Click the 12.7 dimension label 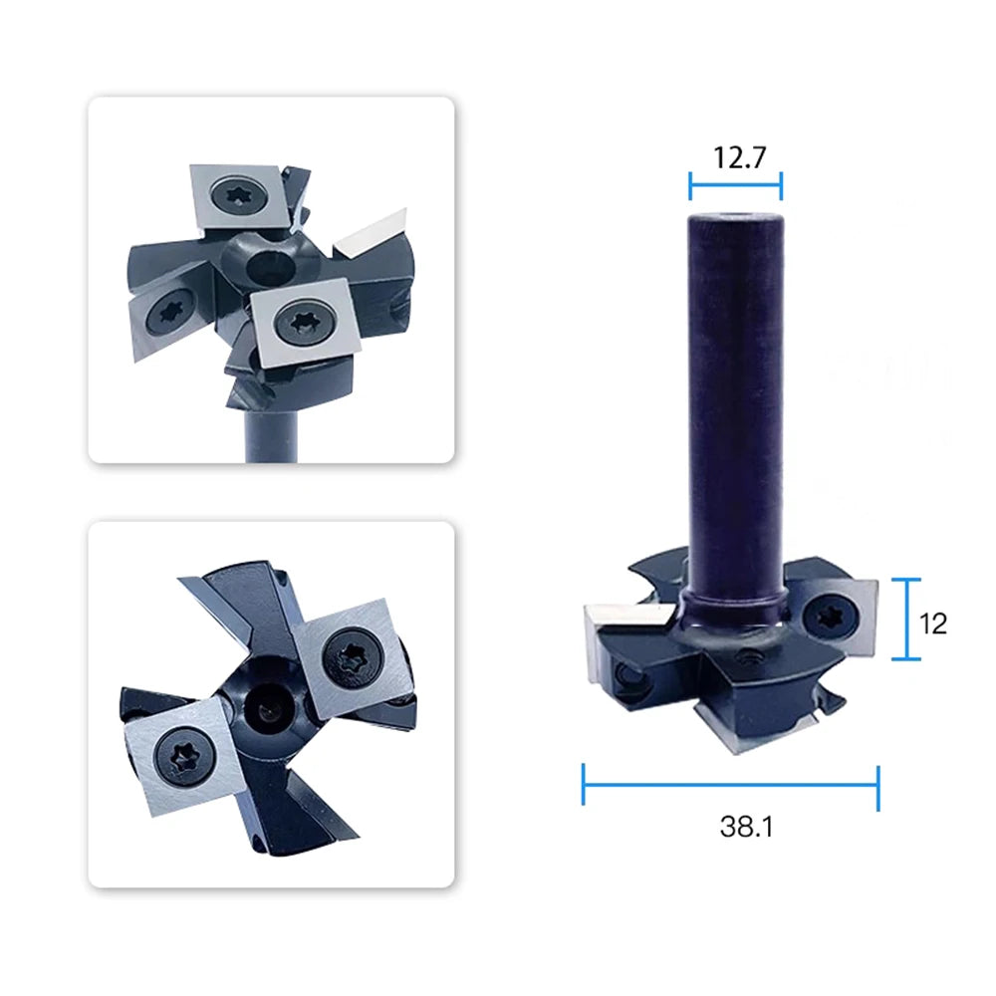739,157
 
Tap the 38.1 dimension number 746,827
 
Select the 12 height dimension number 933,623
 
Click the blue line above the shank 736,185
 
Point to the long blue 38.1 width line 730,786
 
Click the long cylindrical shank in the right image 736,406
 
